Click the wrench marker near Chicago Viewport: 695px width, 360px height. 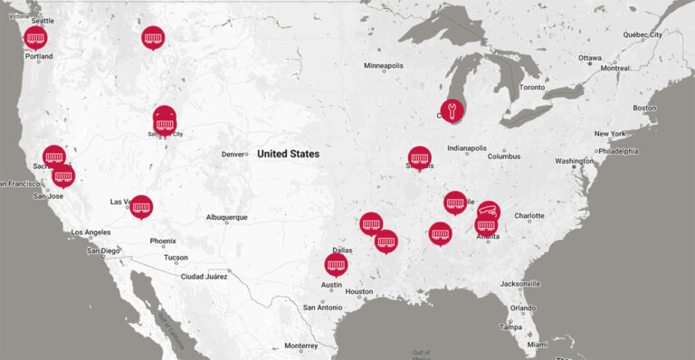(x=452, y=110)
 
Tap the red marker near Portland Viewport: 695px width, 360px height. (x=35, y=37)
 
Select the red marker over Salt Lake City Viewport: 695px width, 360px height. (x=165, y=118)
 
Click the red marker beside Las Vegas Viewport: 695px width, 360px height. (x=141, y=206)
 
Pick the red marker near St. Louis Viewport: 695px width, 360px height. (x=419, y=157)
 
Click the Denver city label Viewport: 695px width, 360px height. (x=234, y=154)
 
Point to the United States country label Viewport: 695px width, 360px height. (x=288, y=154)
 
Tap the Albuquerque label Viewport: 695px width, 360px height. (x=226, y=217)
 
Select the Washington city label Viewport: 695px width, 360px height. (x=575, y=161)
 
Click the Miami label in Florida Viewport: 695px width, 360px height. (x=538, y=344)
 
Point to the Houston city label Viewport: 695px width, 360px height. (x=358, y=291)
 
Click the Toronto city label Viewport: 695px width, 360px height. (x=532, y=88)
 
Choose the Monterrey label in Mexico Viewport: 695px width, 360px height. (x=300, y=346)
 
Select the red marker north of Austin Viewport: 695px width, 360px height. (x=337, y=264)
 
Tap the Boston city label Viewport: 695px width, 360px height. (x=644, y=109)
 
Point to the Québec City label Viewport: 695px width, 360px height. (x=643, y=34)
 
